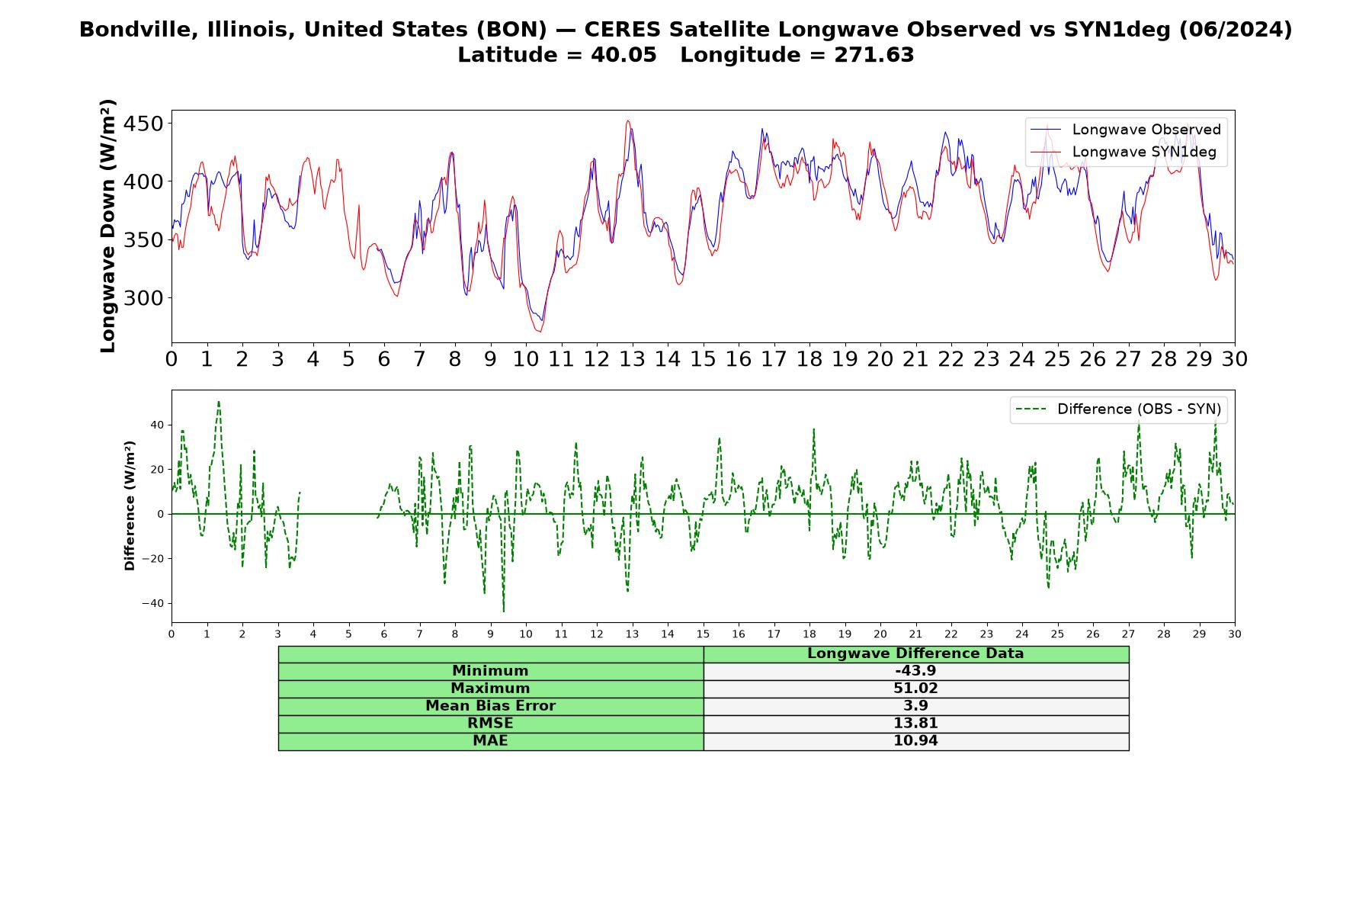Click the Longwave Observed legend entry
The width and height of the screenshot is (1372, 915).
1125,130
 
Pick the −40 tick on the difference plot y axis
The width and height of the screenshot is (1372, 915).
153,604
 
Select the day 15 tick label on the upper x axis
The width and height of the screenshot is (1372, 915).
703,359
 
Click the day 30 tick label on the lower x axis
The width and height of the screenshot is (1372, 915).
1235,634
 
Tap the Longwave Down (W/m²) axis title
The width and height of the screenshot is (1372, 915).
107,226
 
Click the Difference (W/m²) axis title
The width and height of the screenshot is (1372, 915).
130,506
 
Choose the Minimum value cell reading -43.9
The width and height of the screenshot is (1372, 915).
915,671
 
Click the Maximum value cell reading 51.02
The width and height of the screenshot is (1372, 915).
915,689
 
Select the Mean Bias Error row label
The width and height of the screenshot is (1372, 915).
490,706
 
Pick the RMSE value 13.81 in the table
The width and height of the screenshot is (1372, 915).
915,724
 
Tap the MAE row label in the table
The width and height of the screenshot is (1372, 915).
490,741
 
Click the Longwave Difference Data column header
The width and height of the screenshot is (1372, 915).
915,653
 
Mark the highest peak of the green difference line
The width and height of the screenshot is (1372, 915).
219,401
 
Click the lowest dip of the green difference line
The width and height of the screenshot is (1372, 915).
503,611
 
